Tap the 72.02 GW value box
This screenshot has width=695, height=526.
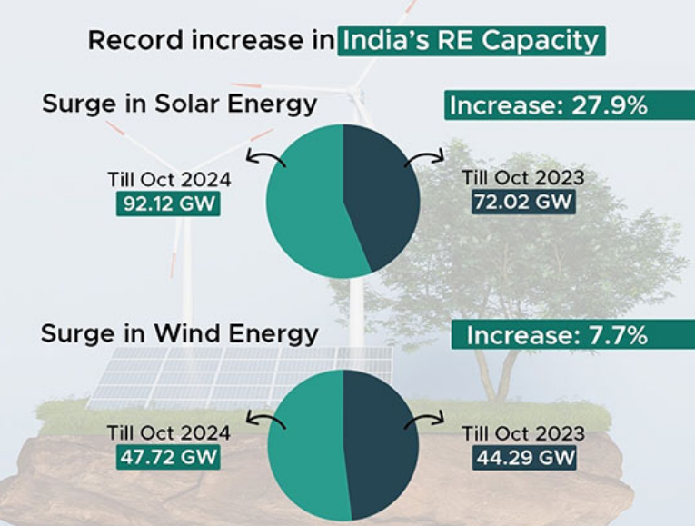[x=524, y=202]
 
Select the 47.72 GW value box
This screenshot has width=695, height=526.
[x=168, y=456]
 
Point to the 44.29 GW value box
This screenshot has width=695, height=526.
[x=524, y=456]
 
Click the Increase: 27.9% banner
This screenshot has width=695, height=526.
[x=549, y=105]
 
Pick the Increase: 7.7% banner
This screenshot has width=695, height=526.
[x=556, y=335]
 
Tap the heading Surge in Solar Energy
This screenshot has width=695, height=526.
[x=179, y=104]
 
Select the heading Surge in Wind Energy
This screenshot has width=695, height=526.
[x=180, y=333]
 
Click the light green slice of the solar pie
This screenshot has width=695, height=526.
[x=304, y=204]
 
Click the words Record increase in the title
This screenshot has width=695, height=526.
[x=209, y=41]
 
